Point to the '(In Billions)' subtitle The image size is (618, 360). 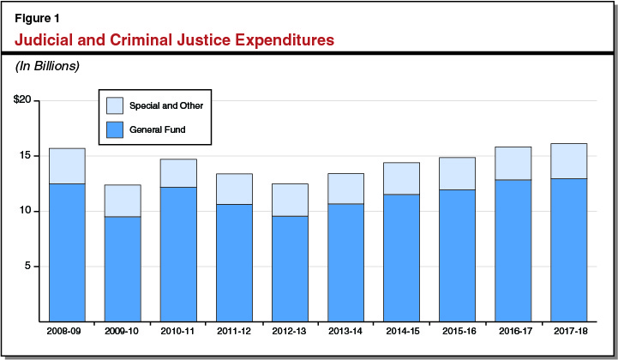point(48,66)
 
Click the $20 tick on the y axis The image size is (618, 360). point(21,100)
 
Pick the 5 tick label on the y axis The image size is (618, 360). point(27,266)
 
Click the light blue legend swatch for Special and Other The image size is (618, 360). point(115,105)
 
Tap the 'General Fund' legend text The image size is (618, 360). point(158,130)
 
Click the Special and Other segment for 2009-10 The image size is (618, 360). point(123,201)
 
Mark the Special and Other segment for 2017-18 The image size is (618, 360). point(568,161)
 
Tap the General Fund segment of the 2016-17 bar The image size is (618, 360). point(513,250)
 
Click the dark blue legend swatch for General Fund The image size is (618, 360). point(115,130)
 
